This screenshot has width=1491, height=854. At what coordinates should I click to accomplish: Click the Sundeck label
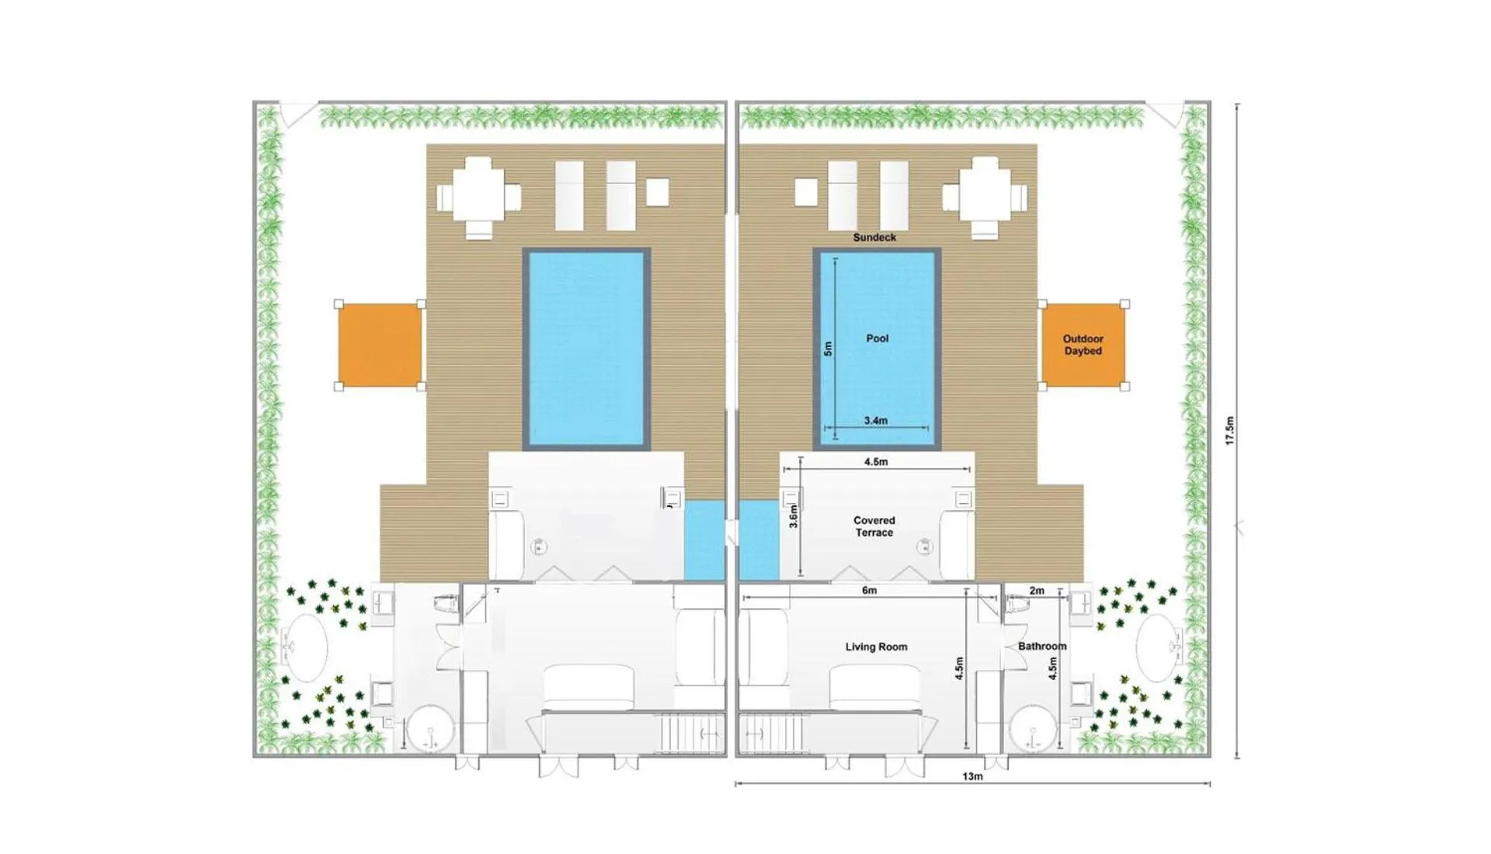coord(874,238)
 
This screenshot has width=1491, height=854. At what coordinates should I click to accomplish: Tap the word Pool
coord(878,338)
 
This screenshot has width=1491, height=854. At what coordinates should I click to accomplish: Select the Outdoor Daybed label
coord(1083,345)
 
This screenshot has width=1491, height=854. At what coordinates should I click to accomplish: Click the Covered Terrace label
coord(874,526)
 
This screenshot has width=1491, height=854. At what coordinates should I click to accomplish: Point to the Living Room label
coord(876,647)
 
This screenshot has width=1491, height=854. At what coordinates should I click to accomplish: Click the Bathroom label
coord(1042,646)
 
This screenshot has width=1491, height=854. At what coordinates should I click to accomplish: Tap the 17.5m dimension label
coord(1229,430)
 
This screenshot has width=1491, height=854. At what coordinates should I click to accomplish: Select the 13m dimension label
coord(972,776)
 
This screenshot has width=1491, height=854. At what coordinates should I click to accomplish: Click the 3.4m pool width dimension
coord(876,421)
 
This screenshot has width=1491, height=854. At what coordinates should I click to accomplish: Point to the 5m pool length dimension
coord(828,349)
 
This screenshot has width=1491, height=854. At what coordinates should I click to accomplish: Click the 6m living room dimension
coord(869,591)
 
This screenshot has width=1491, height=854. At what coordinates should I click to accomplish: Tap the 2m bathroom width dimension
coord(1037,591)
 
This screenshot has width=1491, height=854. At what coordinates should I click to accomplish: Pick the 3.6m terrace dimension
coord(794,516)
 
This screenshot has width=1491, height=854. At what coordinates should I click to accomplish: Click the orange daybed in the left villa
coord(380,345)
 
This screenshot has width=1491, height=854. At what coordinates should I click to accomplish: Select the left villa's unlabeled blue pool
coord(586,349)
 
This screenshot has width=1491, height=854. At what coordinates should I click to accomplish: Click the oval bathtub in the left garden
coord(304,647)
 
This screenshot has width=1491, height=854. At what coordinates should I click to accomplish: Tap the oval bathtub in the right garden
coord(1159,647)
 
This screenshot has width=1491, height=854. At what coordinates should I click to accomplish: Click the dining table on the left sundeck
coord(478,197)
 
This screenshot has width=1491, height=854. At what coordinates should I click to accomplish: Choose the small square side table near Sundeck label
coord(806,193)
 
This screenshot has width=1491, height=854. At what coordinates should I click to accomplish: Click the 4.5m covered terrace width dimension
coord(876,462)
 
